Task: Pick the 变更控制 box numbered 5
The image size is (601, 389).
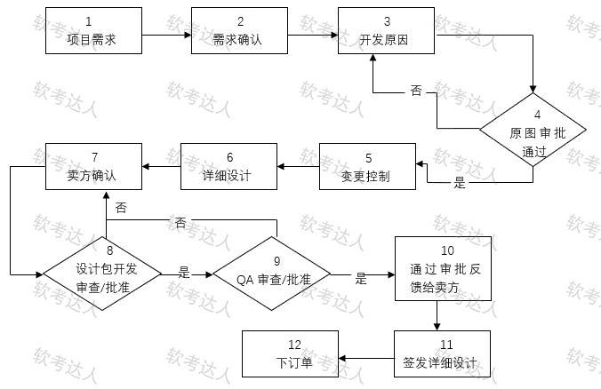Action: (x=365, y=166)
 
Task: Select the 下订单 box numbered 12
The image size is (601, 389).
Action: (x=288, y=354)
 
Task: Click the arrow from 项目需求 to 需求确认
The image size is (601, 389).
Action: (x=166, y=36)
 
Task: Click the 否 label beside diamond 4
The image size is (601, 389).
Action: (x=416, y=91)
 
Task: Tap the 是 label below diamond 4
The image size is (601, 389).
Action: (x=460, y=184)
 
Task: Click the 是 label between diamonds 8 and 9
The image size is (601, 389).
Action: (x=184, y=273)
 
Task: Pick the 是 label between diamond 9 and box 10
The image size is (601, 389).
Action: (x=361, y=277)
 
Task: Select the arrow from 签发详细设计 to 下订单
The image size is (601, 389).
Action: (x=365, y=357)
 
